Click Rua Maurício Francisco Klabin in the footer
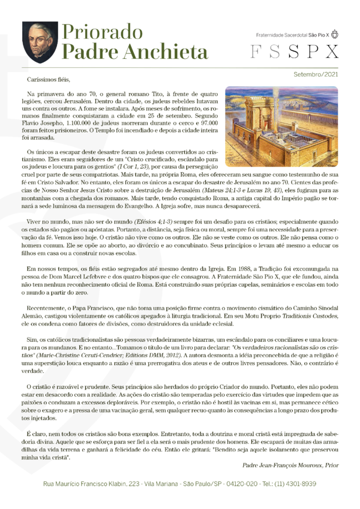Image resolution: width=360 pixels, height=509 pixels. [91, 484]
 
